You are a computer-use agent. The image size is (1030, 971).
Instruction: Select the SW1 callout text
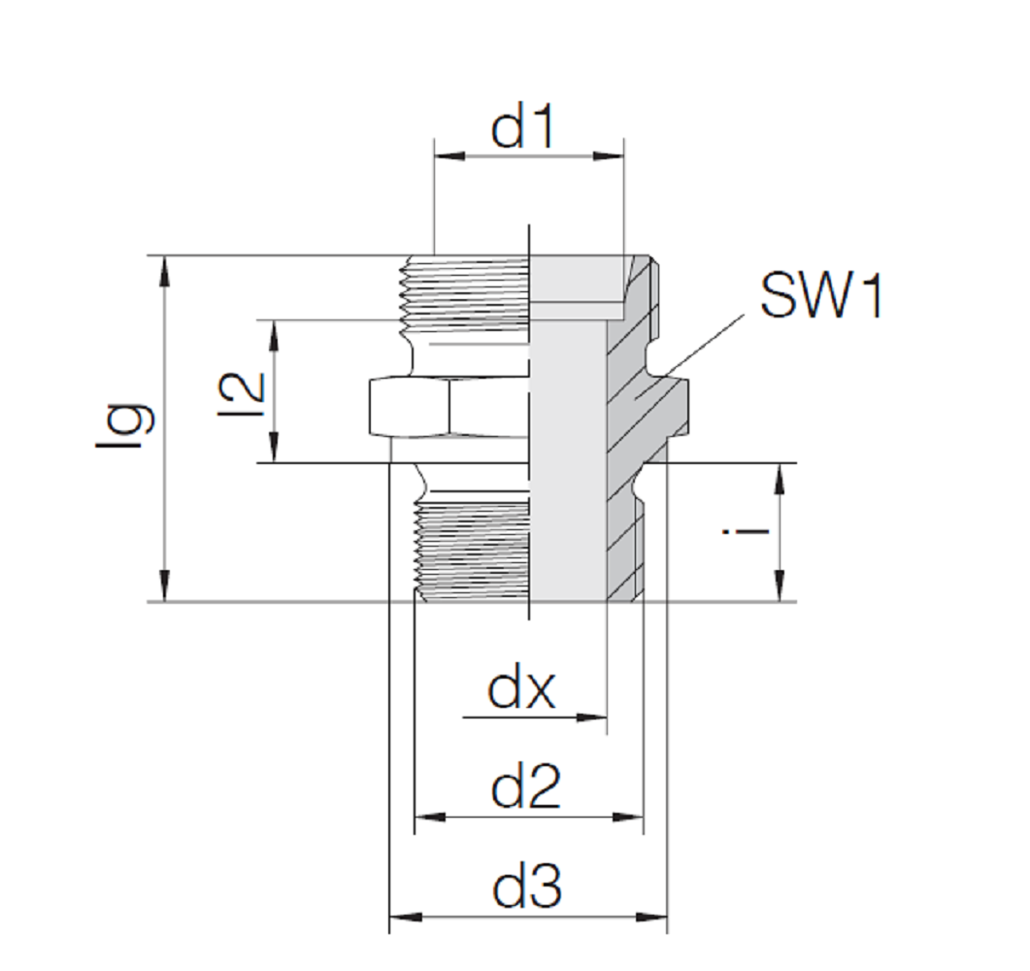click(x=821, y=296)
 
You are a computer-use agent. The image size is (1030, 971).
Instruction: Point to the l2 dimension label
click(x=242, y=391)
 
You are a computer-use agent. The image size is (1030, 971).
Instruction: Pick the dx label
click(x=521, y=691)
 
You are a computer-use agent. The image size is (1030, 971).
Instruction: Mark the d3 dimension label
click(x=527, y=887)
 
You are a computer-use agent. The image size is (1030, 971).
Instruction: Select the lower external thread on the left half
click(x=471, y=549)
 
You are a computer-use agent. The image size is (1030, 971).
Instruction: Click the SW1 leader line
click(x=699, y=345)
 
